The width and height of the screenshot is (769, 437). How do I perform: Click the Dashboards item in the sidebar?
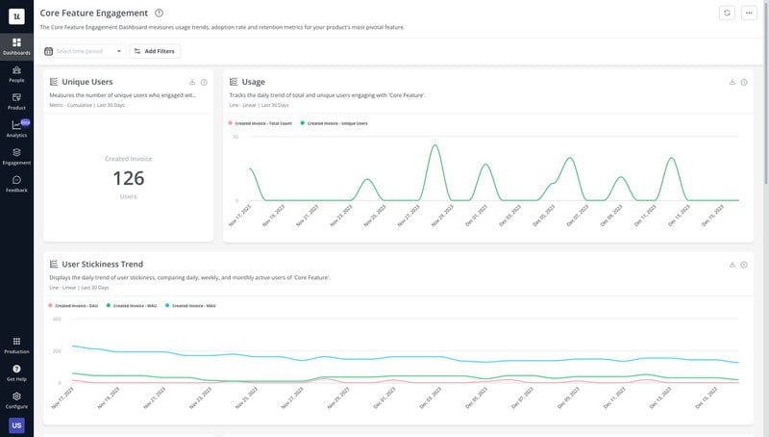tap(16, 45)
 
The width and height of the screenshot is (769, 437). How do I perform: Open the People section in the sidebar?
tap(16, 73)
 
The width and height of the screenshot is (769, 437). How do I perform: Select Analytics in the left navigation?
tap(16, 128)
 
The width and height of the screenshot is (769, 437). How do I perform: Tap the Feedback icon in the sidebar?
tap(16, 183)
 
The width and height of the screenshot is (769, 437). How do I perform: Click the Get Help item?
tap(16, 373)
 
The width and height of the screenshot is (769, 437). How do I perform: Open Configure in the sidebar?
tap(16, 399)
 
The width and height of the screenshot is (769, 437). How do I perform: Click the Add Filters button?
tap(155, 51)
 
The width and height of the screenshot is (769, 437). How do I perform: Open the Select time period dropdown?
tap(84, 51)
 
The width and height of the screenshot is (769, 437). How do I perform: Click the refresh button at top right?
tap(727, 13)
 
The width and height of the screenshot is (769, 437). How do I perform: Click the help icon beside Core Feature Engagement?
tap(159, 13)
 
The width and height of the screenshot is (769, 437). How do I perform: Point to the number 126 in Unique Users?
tap(128, 178)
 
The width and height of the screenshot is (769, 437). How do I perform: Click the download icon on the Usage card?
tap(732, 82)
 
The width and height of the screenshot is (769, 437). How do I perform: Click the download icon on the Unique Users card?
tap(192, 82)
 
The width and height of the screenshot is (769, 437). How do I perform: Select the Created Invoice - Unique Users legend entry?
tap(336, 123)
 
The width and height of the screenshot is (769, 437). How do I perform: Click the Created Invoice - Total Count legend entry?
tap(261, 123)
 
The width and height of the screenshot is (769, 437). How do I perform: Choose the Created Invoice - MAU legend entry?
tap(193, 305)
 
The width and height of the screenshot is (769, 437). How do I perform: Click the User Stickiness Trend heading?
tap(102, 264)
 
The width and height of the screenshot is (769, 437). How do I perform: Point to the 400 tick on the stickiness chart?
tap(57, 319)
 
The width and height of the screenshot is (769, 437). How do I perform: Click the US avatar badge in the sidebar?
tap(16, 425)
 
